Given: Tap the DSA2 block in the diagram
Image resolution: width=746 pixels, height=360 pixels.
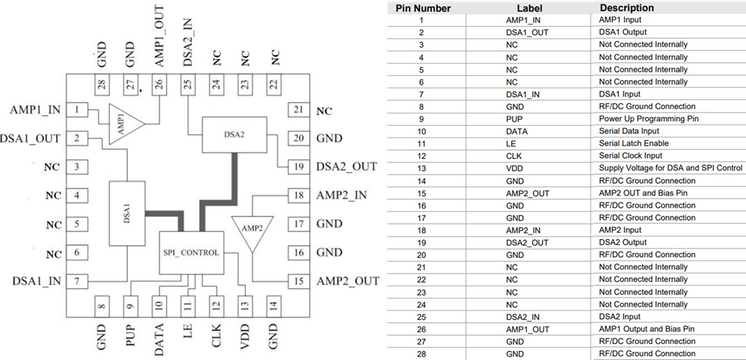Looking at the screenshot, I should click(234, 135).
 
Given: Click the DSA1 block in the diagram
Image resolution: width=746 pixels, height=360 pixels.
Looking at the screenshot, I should click(126, 214).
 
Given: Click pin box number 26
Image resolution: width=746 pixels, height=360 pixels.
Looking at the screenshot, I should click(160, 86).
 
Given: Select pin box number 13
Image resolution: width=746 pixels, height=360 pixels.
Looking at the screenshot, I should click(244, 305).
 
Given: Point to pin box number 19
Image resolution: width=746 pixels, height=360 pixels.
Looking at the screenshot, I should click(298, 167).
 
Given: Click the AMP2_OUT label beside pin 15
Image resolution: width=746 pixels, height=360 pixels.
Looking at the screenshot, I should click(347, 281).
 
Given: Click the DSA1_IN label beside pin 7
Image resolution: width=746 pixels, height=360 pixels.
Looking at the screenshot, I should click(36, 281).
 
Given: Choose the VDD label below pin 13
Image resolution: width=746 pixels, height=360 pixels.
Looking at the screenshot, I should click(244, 337).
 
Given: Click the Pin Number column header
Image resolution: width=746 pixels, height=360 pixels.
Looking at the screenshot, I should click(423, 8).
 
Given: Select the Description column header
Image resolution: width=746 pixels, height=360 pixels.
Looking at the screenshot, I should click(626, 8).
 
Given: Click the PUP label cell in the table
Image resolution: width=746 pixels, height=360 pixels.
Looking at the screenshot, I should click(528, 119).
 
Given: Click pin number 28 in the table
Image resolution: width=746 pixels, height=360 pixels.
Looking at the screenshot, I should click(421, 354).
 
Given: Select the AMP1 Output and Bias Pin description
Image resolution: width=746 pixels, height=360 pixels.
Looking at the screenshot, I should click(647, 329).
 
